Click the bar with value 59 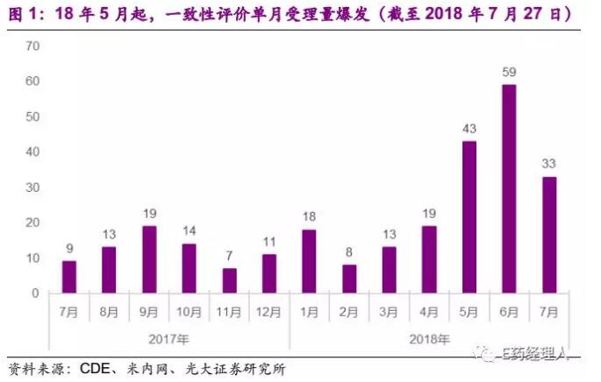(x=509, y=188)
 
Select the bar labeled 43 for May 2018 (x=469, y=216)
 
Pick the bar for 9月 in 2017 (x=148, y=259)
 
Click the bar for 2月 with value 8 (x=348, y=279)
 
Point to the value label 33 (x=548, y=163)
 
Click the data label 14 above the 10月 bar (x=189, y=230)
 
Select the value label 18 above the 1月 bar (x=308, y=216)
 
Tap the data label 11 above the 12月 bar (x=268, y=241)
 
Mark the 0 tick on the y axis (x=35, y=293)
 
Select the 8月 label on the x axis (x=109, y=311)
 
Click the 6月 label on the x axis (x=509, y=311)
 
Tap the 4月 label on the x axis (x=429, y=311)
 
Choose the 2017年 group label (x=168, y=339)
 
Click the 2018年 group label (x=429, y=339)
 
